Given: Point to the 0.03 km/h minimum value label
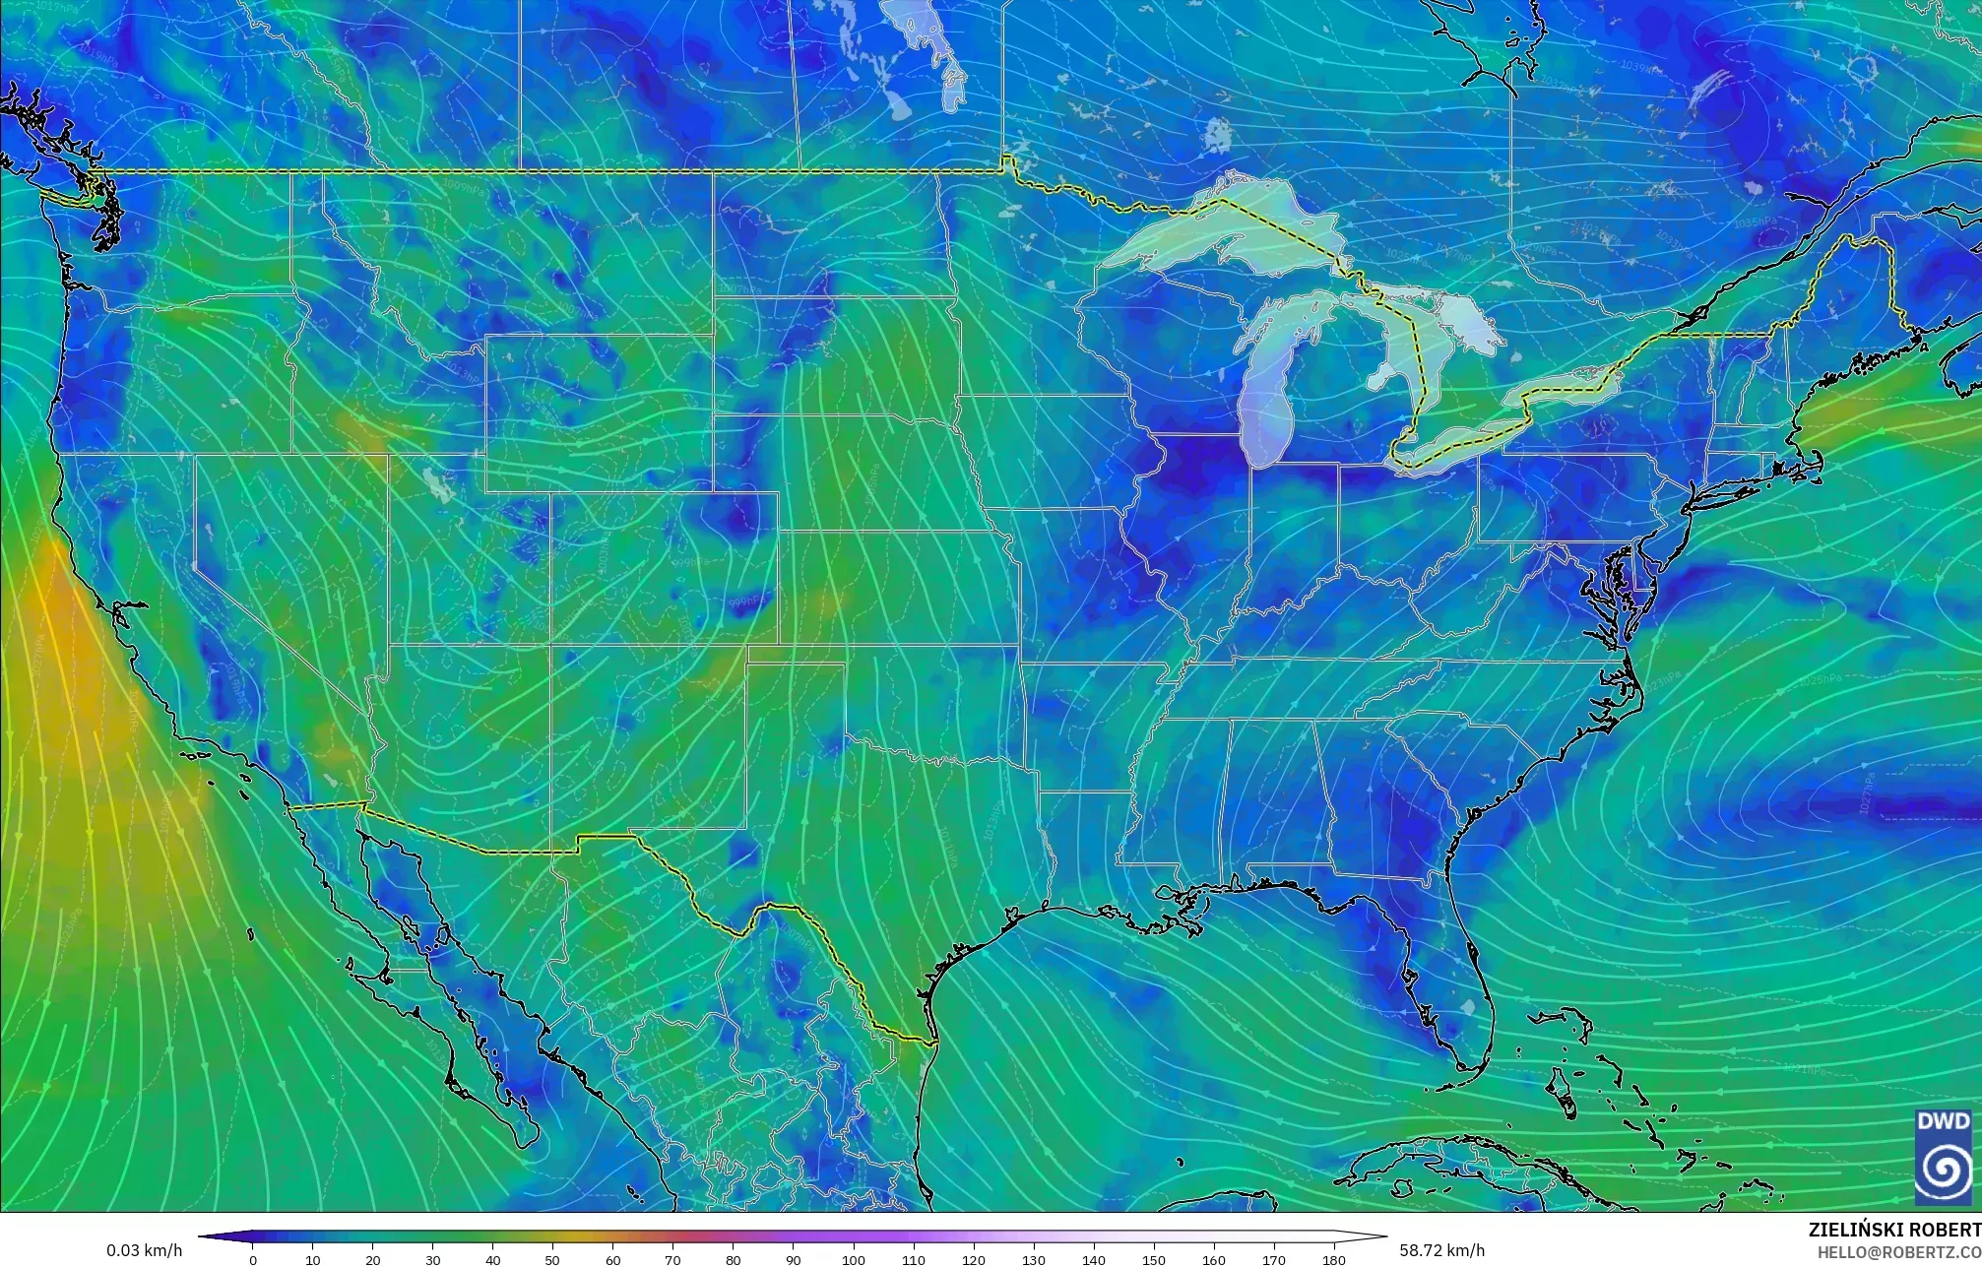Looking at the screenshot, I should [144, 1250].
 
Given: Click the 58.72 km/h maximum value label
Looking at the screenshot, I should [1441, 1250].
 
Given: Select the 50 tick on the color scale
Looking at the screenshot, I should [553, 1259].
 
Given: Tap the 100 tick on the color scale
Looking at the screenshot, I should [854, 1259].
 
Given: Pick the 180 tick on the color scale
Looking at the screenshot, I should [1333, 1259].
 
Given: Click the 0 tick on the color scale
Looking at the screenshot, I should [253, 1259].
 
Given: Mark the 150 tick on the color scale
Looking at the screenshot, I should [1153, 1259].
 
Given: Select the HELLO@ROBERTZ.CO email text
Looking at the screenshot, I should [1898, 1251].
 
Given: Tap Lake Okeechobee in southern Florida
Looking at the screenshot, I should [1470, 1006].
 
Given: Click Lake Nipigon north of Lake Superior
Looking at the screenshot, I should [1218, 133].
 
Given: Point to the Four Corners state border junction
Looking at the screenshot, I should [550, 645].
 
